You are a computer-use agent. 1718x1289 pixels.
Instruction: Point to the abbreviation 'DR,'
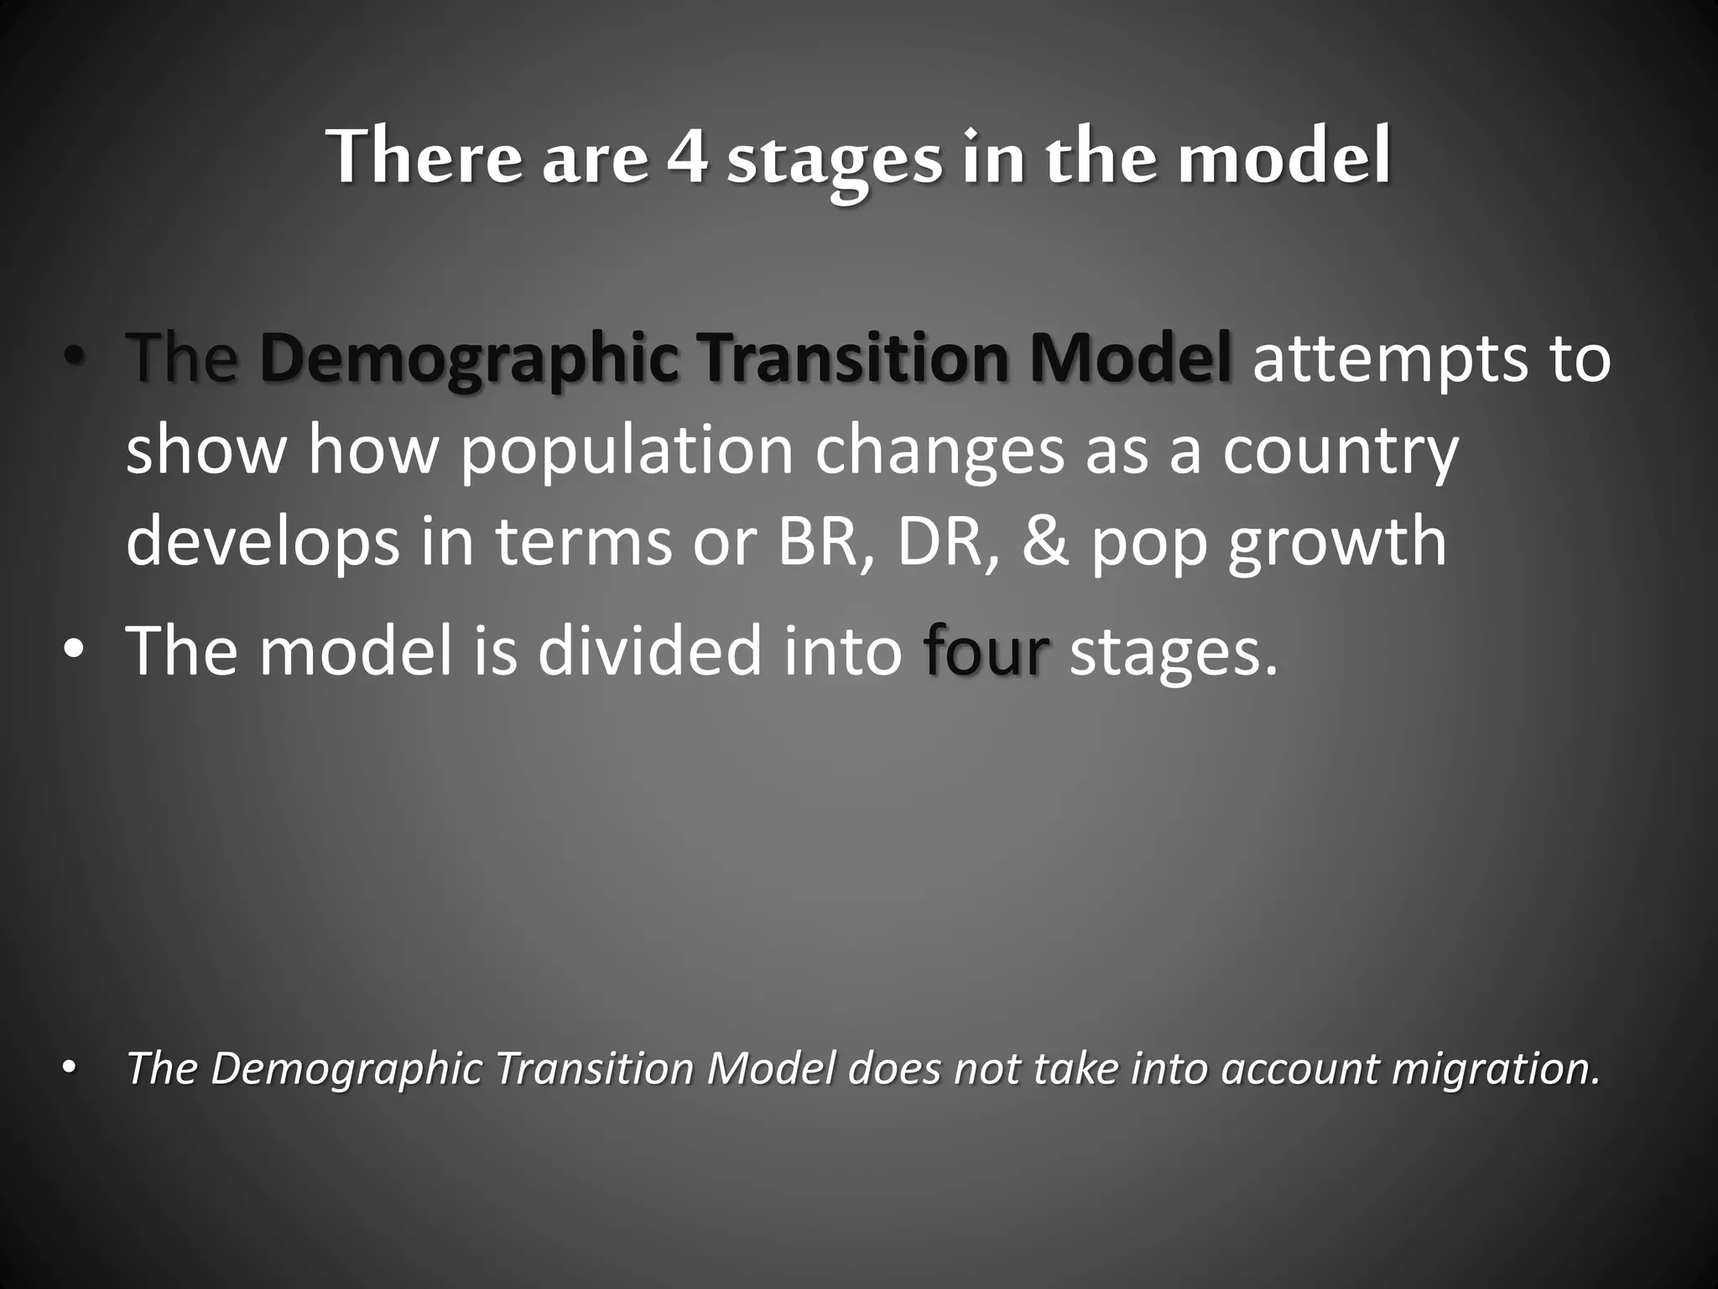949,541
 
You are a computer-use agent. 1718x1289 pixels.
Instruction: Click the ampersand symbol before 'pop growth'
1045,541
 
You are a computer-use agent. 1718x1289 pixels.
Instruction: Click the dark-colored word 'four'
986,651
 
